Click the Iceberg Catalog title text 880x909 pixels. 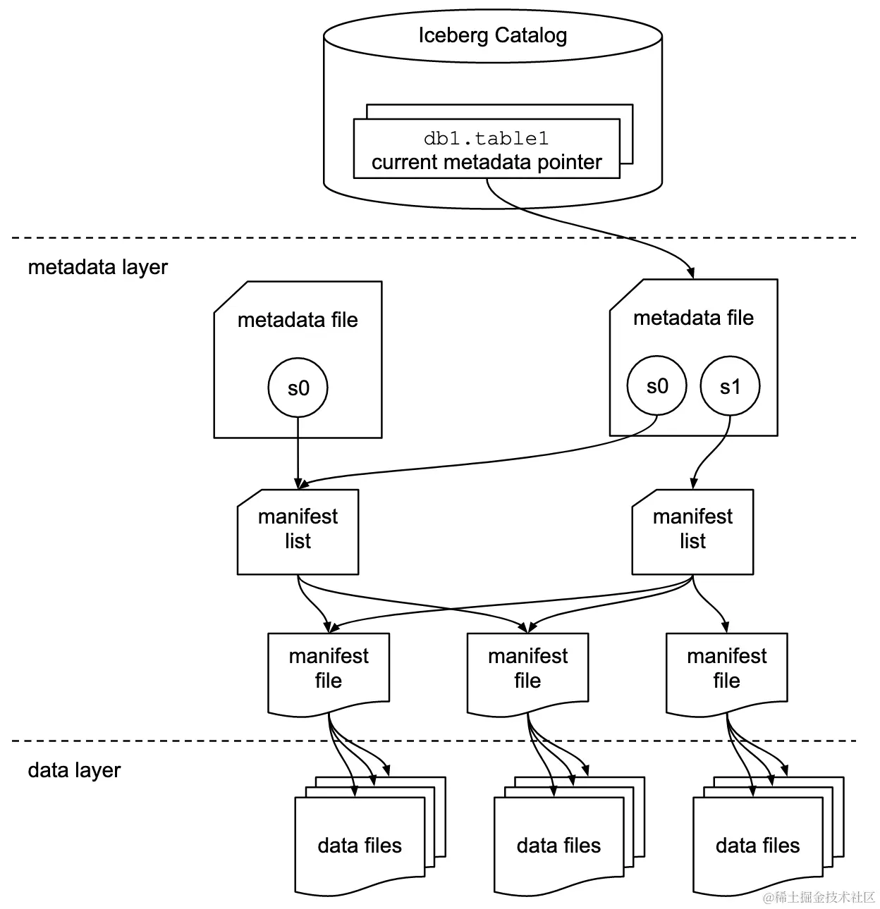tap(492, 35)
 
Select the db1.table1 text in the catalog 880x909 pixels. tap(486, 138)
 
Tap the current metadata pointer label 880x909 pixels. tap(487, 162)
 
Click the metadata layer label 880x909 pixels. tap(98, 267)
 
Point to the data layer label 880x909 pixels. tap(74, 770)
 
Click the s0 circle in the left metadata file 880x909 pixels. tap(298, 388)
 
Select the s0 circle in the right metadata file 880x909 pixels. tap(656, 386)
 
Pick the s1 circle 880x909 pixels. tap(730, 386)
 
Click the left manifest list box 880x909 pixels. tap(298, 532)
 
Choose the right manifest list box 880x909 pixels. tap(692, 532)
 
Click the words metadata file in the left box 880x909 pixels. tap(298, 320)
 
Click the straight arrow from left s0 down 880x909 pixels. tap(298, 451)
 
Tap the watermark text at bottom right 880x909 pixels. tap(819, 897)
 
